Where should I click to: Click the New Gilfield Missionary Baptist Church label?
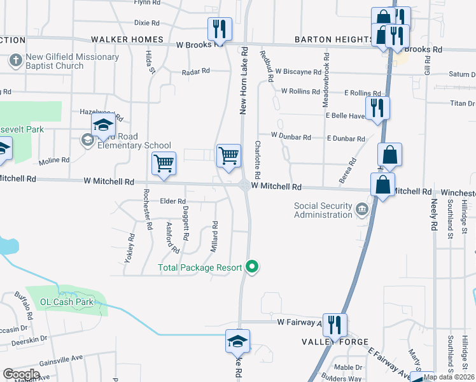72,61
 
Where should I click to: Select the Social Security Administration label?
323,209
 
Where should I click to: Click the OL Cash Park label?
67,302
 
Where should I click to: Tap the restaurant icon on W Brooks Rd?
216,29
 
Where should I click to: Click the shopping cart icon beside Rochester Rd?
164,164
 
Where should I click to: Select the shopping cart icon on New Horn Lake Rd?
228,155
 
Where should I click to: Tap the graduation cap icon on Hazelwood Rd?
102,127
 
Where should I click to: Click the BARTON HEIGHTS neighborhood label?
334,39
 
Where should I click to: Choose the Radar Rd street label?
195,72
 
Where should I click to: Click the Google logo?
21,374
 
